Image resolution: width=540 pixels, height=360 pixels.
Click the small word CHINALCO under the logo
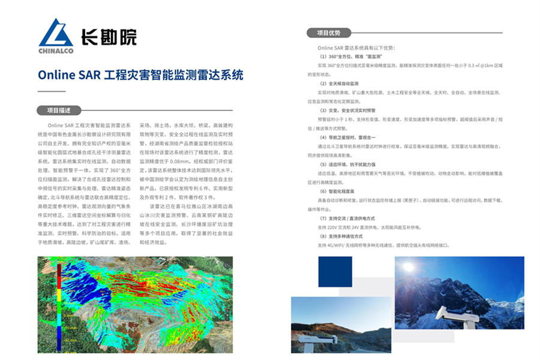point(56,51)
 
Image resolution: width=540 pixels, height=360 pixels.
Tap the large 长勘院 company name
point(109,37)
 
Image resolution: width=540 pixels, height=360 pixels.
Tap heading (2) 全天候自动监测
point(344,83)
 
